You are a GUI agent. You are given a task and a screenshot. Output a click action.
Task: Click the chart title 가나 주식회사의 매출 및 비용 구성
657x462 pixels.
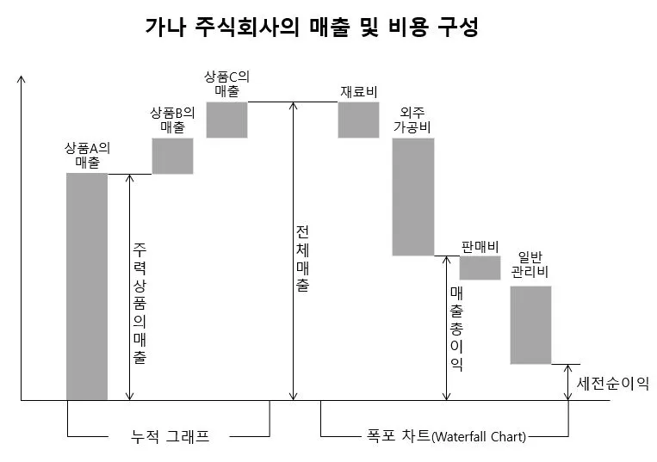click(311, 27)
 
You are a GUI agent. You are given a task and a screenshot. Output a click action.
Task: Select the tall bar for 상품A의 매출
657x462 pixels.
click(87, 286)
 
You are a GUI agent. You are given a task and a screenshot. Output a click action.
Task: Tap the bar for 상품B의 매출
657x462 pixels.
click(172, 156)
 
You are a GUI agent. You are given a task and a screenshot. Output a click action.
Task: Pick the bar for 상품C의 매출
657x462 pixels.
click(226, 120)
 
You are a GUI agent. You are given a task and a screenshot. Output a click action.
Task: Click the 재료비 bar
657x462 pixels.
click(358, 120)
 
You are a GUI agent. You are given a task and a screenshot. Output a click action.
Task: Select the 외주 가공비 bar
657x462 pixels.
click(412, 196)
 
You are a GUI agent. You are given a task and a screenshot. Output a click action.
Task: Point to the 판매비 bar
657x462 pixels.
click(480, 268)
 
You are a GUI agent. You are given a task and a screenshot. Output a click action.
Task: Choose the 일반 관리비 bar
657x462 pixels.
click(530, 324)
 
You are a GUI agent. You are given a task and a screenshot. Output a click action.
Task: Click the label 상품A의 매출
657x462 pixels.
click(87, 154)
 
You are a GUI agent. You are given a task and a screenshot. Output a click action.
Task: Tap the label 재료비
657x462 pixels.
click(359, 91)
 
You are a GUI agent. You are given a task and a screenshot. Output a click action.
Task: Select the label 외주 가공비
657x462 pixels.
click(412, 119)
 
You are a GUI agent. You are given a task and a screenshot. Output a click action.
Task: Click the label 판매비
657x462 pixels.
click(480, 246)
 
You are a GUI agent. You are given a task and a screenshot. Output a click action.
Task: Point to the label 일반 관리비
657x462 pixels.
click(530, 264)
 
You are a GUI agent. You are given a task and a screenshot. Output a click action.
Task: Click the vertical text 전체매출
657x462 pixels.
click(303, 259)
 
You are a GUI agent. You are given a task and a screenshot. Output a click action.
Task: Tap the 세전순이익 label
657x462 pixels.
click(613, 382)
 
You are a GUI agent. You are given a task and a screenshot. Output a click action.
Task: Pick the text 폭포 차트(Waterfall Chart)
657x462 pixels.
click(442, 436)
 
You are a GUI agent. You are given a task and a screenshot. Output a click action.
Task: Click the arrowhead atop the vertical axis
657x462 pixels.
click(22, 79)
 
